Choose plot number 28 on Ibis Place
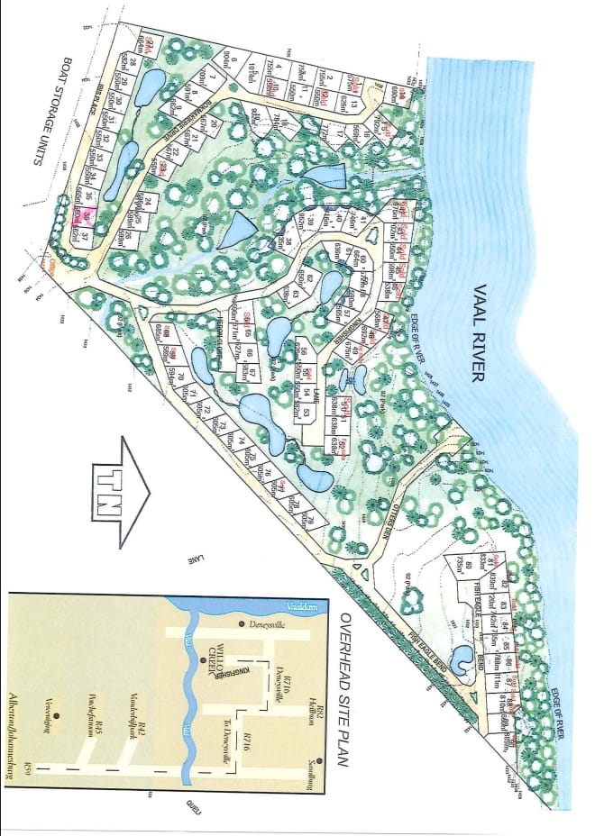pyautogui.click(x=133, y=62)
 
